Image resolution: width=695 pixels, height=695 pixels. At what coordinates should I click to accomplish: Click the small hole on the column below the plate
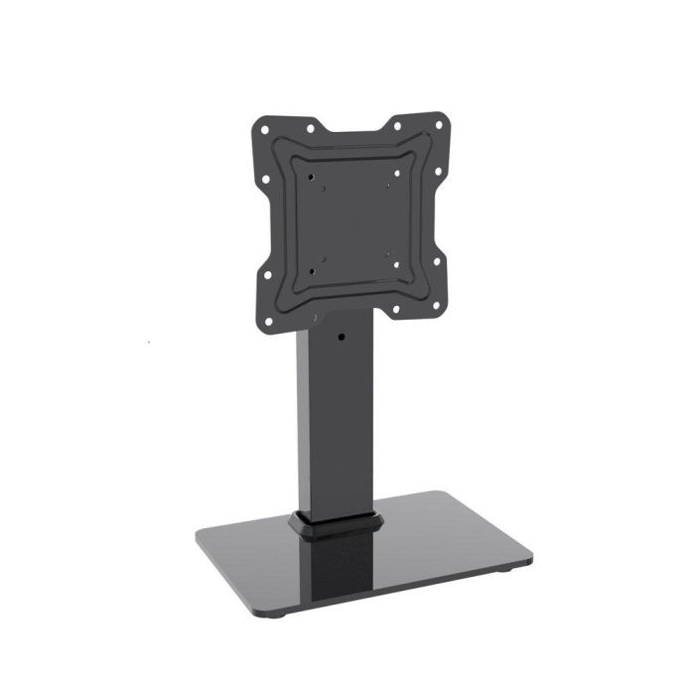342,339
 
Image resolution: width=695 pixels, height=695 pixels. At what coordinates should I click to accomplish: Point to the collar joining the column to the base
337,524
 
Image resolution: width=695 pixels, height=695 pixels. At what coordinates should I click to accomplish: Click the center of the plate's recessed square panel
353,218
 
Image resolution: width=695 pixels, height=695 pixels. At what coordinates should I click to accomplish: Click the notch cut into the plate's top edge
353,132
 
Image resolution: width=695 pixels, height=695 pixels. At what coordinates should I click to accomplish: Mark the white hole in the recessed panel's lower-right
394,263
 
